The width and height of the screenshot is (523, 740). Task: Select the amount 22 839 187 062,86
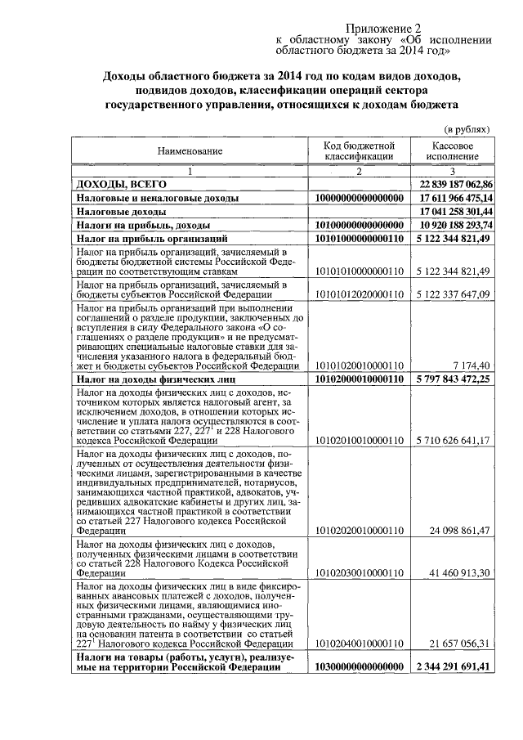455,185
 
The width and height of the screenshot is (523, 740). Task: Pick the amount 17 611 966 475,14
455,198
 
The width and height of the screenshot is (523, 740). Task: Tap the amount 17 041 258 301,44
455,211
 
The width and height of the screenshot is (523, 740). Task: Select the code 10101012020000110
359,293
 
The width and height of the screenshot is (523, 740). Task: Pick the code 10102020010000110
359,531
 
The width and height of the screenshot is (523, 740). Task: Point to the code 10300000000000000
359,667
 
